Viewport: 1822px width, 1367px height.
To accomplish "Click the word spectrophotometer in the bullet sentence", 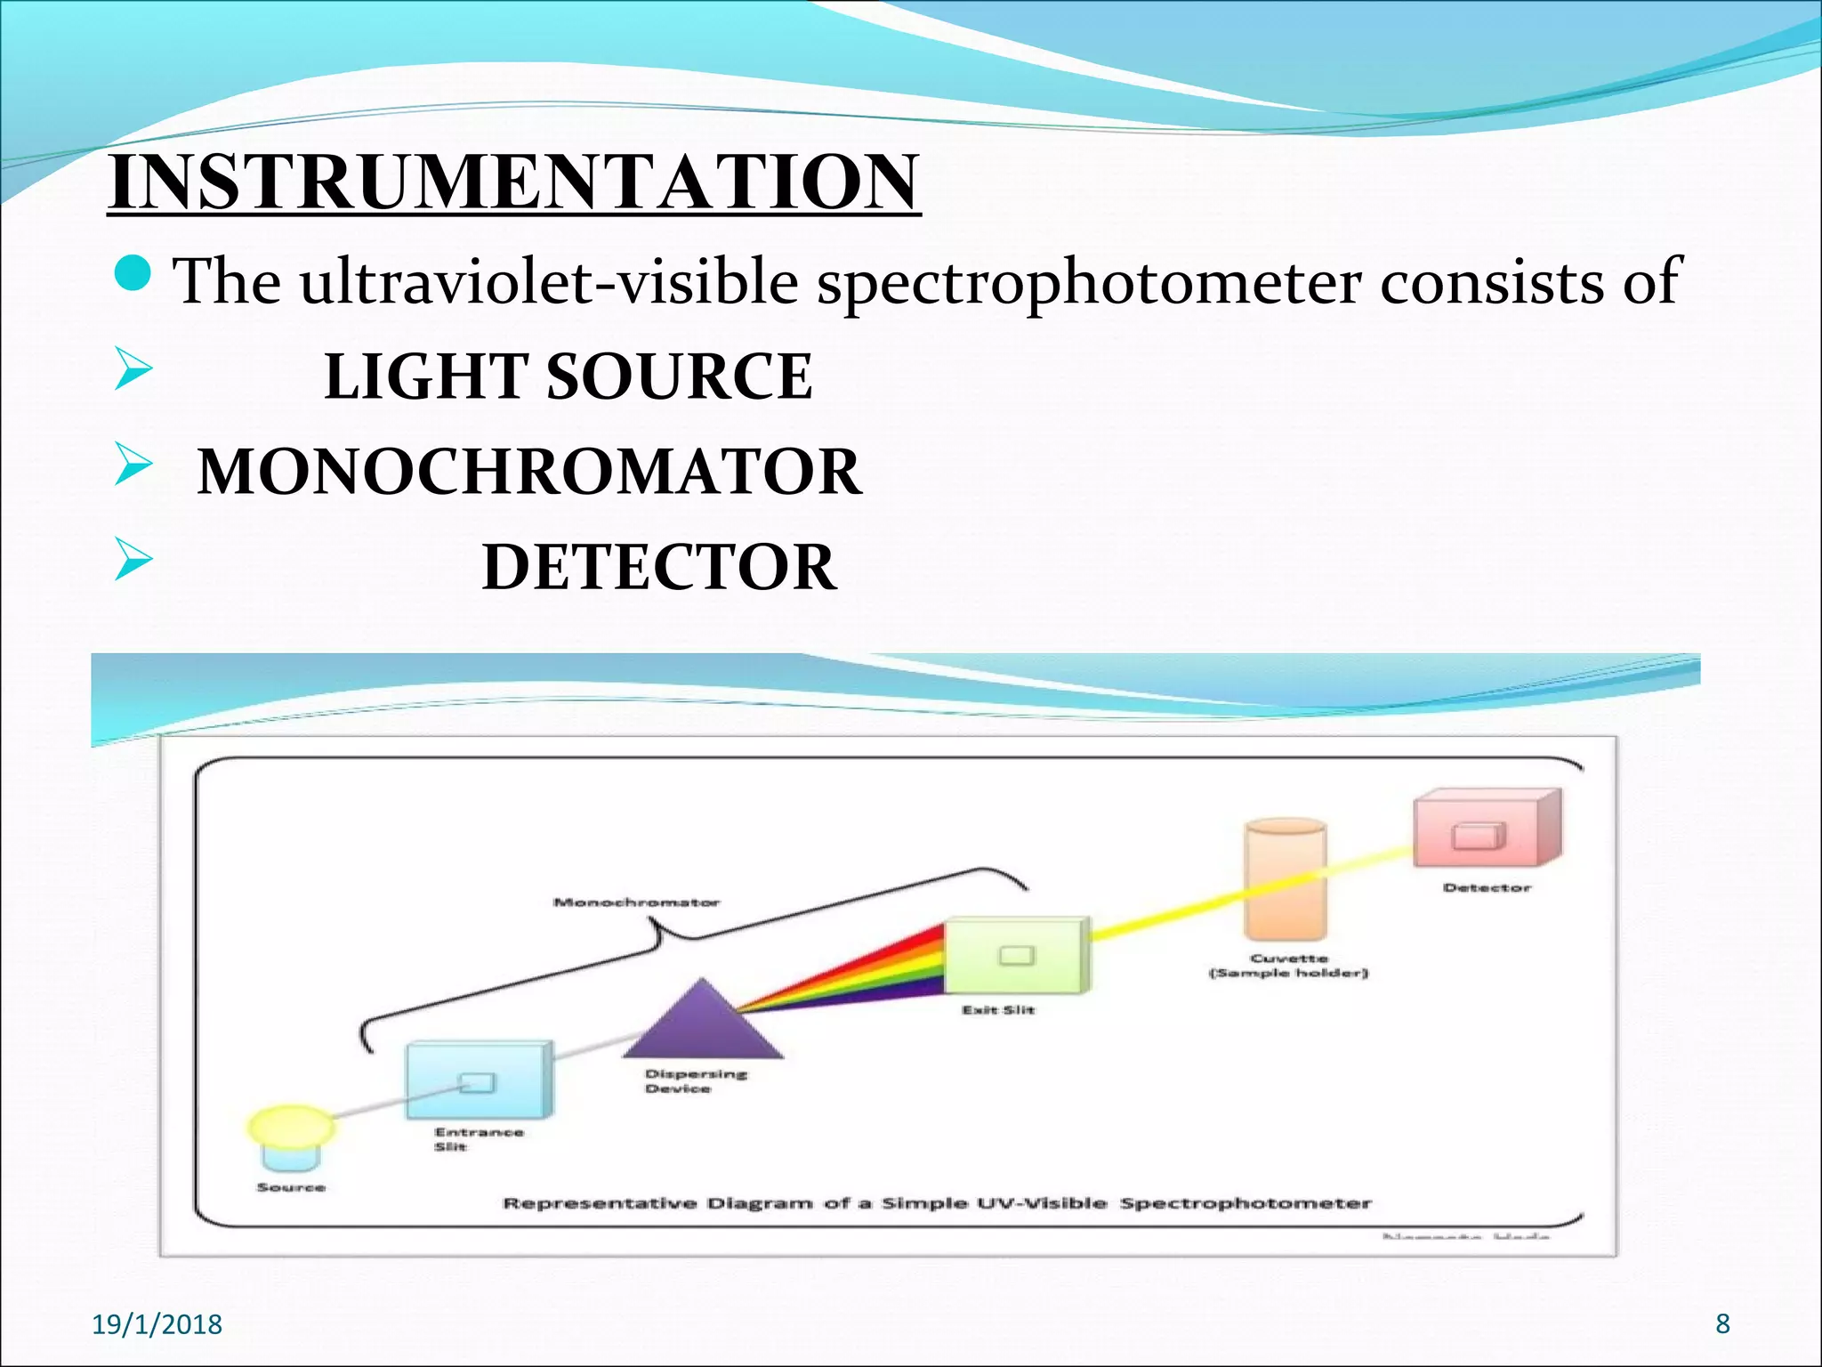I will click(x=1089, y=282).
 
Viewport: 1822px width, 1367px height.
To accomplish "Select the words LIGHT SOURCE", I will click(x=568, y=376).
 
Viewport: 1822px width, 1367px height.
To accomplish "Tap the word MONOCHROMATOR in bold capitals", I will click(x=528, y=472).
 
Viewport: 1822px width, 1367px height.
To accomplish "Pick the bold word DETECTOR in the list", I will click(x=658, y=567).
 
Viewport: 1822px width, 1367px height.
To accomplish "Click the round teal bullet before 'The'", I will click(x=135, y=275).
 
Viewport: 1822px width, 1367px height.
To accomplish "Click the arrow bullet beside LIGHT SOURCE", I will click(x=134, y=372).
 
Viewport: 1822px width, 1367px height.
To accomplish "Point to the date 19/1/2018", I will click(x=157, y=1324).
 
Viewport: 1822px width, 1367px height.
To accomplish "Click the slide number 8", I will click(x=1722, y=1323).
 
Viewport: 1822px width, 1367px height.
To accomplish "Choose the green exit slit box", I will click(x=1016, y=956).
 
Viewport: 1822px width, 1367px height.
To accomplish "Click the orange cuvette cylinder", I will click(x=1286, y=881).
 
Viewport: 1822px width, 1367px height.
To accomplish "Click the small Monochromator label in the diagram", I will click(x=636, y=902).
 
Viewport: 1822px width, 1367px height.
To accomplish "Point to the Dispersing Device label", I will click(x=694, y=1080).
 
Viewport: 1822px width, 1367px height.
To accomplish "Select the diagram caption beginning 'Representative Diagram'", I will click(x=936, y=1203).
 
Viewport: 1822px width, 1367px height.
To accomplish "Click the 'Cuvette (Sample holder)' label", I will click(x=1288, y=966).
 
